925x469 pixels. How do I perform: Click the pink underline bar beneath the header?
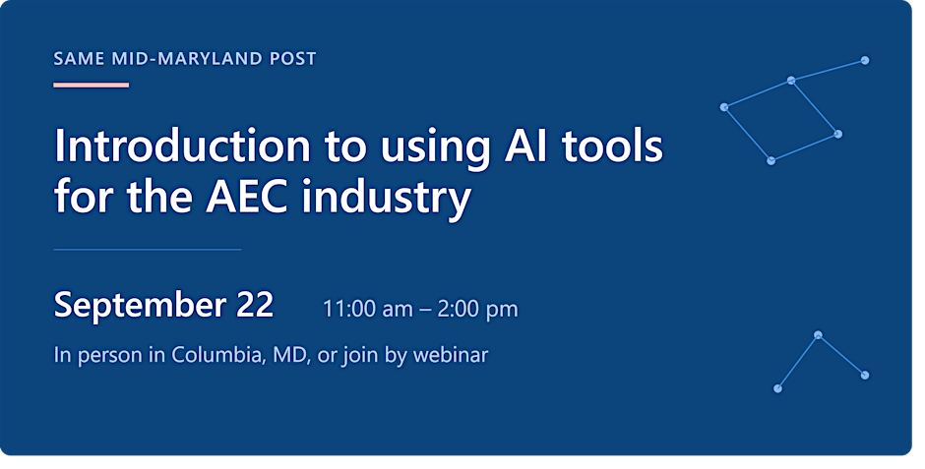(x=91, y=85)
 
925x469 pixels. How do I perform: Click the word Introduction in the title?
(x=182, y=146)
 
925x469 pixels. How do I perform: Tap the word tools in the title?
(x=612, y=146)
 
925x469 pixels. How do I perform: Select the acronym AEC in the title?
(x=247, y=197)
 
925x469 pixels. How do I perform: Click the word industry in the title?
(x=386, y=199)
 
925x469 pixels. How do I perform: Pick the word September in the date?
(x=140, y=306)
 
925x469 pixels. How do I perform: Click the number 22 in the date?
(x=256, y=304)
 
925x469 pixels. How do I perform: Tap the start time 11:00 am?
(x=367, y=309)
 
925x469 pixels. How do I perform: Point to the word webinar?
(x=451, y=355)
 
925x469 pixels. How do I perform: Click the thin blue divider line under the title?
(x=148, y=249)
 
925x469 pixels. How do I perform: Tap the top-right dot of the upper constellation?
(x=865, y=60)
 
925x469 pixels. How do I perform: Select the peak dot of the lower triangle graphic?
(x=818, y=334)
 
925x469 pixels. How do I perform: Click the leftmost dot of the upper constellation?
(x=724, y=106)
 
